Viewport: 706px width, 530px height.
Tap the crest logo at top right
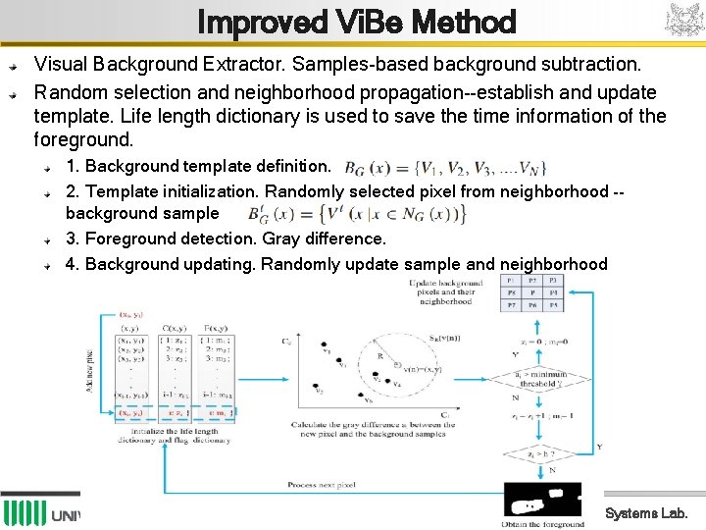(684, 21)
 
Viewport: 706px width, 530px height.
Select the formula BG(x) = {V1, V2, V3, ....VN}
(445, 167)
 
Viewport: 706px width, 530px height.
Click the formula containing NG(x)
(356, 214)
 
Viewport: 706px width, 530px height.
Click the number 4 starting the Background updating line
(71, 264)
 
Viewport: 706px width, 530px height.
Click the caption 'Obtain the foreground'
(542, 524)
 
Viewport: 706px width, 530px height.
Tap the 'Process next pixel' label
(329, 485)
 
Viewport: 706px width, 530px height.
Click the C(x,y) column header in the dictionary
(176, 327)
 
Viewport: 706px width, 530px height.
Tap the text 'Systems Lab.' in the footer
(646, 512)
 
